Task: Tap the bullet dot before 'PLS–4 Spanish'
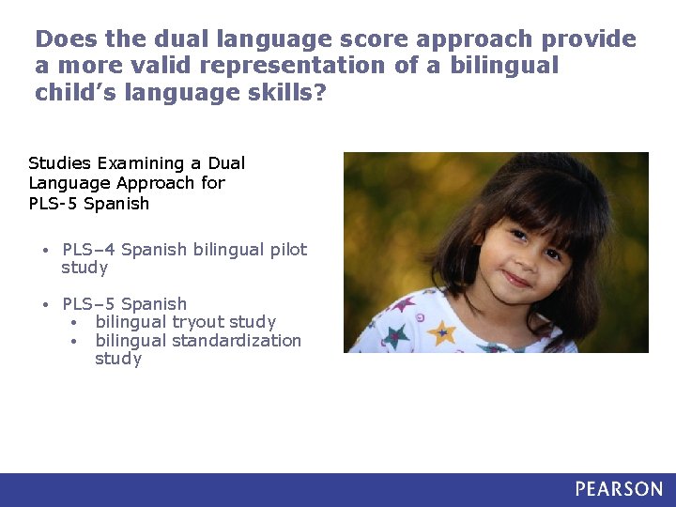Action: click(x=45, y=251)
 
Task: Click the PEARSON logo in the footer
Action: click(x=619, y=489)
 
